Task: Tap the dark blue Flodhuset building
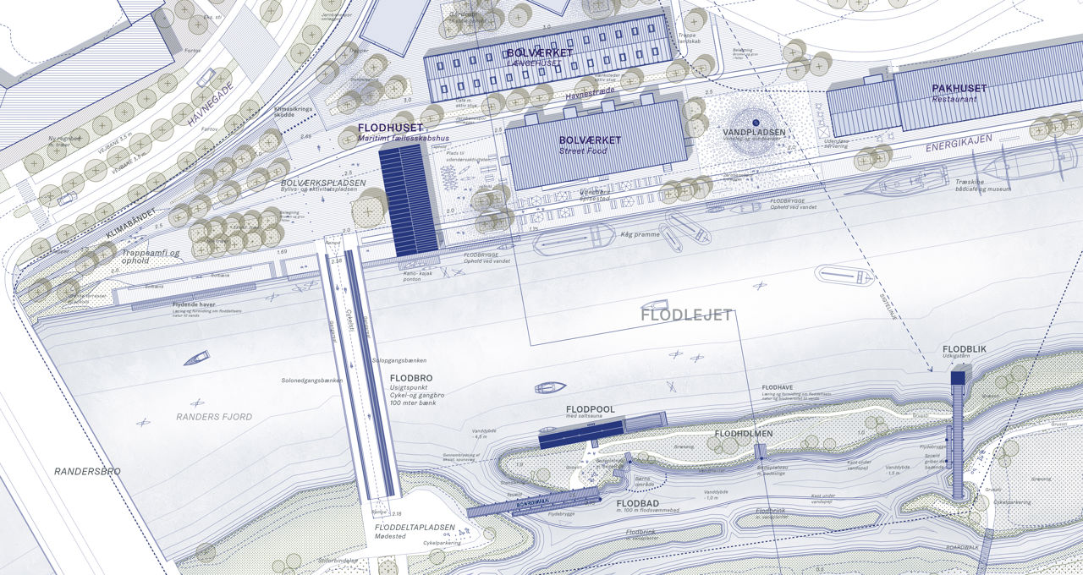tap(409, 200)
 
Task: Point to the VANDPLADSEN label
tap(754, 133)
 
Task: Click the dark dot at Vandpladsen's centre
tap(756, 123)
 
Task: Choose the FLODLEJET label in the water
tap(686, 315)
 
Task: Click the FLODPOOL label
tap(590, 409)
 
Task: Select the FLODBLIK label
tap(964, 349)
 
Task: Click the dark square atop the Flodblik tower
tap(958, 378)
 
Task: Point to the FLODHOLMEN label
tap(744, 434)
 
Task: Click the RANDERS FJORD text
tap(214, 417)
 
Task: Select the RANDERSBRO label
tap(87, 471)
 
